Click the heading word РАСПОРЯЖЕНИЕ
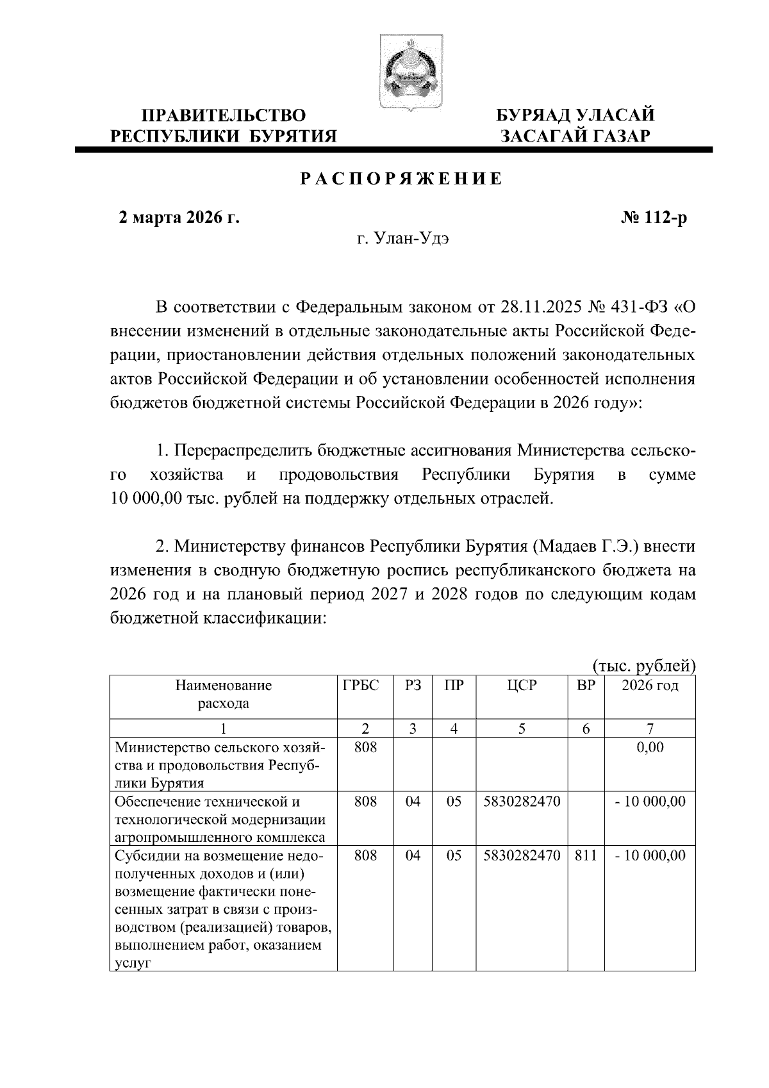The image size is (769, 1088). pos(402,179)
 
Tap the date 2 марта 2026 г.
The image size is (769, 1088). pos(179,218)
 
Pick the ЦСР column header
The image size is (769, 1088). pos(522,685)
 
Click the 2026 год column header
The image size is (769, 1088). pos(650,685)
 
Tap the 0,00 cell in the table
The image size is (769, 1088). pos(650,747)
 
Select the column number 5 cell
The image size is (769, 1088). pos(522,729)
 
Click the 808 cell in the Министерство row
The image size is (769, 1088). pos(365,747)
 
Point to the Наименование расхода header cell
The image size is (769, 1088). pos(223,695)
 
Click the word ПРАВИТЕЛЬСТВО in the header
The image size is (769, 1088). pos(223,116)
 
